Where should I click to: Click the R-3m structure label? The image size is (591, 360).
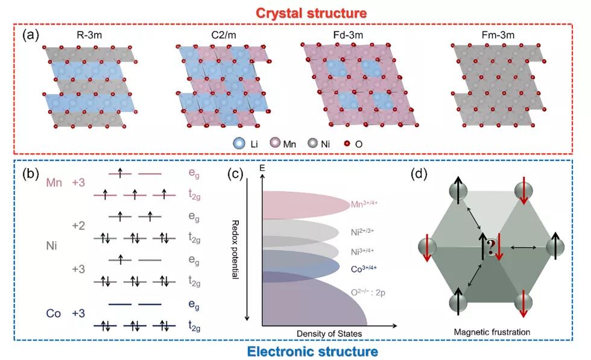tap(89, 35)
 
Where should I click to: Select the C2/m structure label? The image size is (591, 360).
tap(224, 35)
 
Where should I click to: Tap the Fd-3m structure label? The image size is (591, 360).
tap(348, 35)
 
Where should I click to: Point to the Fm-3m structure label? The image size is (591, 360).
tap(498, 35)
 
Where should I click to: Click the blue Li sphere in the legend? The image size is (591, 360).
tap(239, 144)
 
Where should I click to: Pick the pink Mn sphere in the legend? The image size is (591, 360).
tap(276, 142)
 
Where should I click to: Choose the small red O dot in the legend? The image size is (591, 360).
tap(347, 144)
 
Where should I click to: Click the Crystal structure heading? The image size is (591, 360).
tap(311, 13)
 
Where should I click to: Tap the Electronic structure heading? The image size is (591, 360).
tap(312, 352)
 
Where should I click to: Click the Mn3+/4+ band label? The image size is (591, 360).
tap(364, 204)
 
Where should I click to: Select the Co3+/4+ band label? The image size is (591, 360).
tap(364, 269)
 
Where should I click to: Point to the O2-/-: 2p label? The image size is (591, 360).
tap(368, 292)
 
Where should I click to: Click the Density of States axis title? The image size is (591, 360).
tap(329, 333)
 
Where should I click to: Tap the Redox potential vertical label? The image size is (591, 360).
tap(235, 250)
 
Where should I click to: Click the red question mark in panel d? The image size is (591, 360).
tap(490, 247)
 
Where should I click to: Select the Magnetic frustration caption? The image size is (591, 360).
tap(492, 332)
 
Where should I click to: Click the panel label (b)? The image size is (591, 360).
tap(31, 174)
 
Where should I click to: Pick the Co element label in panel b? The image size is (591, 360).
tap(54, 313)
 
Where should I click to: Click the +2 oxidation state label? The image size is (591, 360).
tap(78, 226)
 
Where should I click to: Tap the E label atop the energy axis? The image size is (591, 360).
tap(262, 168)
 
